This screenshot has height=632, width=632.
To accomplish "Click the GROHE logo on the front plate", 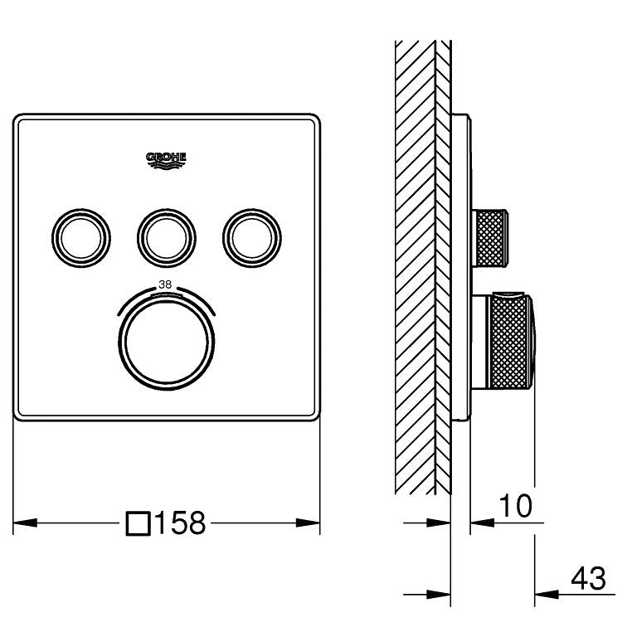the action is (166, 161).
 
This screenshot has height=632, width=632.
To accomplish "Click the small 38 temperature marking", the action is (165, 284).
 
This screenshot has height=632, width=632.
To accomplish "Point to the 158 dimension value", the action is (180, 523).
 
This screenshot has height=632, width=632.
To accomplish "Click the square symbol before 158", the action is (139, 523).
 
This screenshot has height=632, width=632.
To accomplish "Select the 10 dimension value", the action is (516, 505).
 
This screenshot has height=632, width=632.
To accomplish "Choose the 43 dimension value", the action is (588, 578).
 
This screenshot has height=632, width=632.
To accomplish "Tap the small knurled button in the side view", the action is (489, 238).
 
